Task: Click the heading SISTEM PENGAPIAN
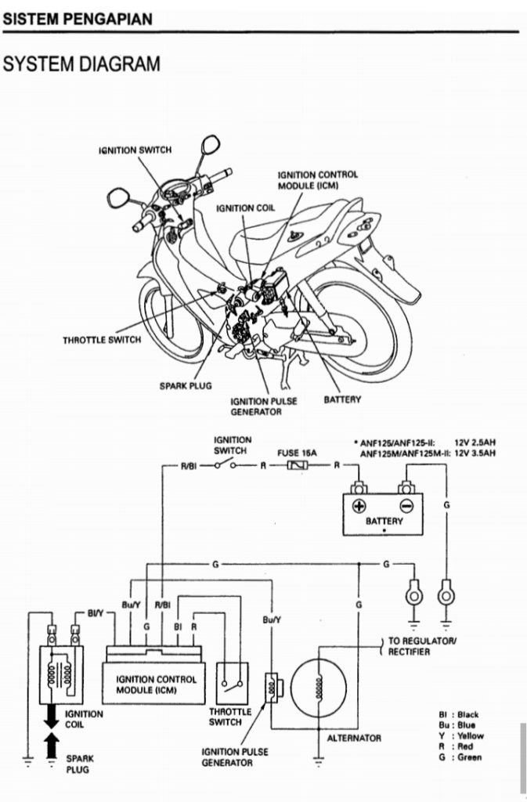pos(78,19)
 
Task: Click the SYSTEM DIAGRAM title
pos(82,64)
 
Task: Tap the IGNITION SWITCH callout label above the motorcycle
pos(135,149)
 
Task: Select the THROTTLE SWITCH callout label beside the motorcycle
pos(102,340)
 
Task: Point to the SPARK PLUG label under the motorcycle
pos(186,385)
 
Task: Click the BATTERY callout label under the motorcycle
pos(342,399)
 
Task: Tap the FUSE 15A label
pos(297,453)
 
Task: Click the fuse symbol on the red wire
pos(300,466)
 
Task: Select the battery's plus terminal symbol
pos(359,505)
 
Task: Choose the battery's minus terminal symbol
pos(406,505)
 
